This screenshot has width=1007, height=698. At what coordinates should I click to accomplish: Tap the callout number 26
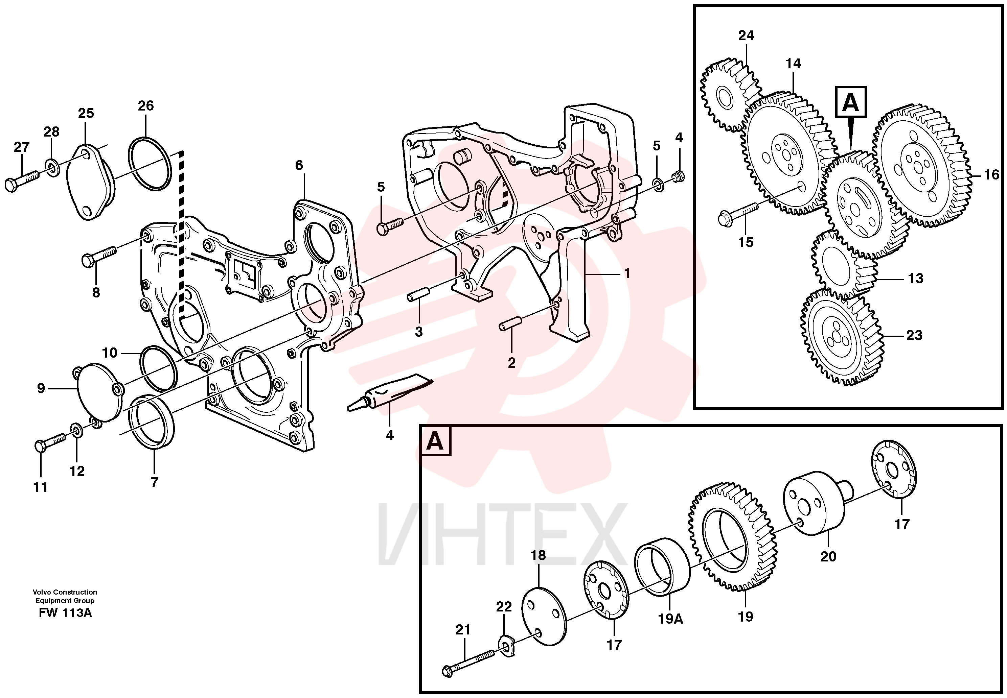pos(146,105)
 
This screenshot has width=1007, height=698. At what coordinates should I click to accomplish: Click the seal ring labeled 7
pos(152,421)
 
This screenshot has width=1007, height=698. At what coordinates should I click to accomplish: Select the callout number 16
pos(992,175)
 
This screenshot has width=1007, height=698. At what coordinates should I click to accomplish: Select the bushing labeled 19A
pos(662,569)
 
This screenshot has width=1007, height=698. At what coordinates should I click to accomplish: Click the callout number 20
pos(828,556)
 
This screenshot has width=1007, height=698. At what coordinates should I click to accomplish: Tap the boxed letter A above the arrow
pos(851,102)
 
